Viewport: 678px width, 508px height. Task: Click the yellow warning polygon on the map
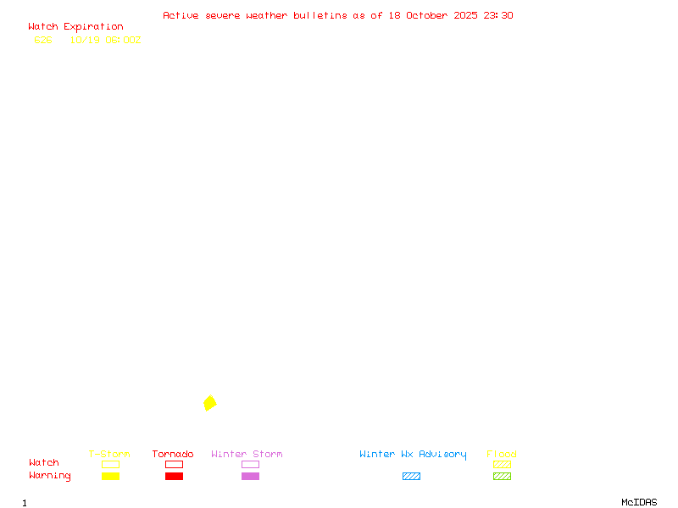pyautogui.click(x=209, y=403)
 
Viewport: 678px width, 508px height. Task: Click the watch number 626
pyautogui.click(x=43, y=40)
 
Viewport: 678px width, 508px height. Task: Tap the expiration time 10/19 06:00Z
pyautogui.click(x=105, y=40)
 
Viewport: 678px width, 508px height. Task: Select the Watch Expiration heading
pyautogui.click(x=75, y=27)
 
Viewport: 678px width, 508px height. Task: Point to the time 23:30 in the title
pyautogui.click(x=498, y=15)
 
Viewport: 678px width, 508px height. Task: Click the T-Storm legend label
pyautogui.click(x=109, y=455)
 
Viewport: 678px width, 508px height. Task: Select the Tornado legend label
pyautogui.click(x=173, y=455)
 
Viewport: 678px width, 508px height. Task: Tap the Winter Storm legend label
pyautogui.click(x=247, y=455)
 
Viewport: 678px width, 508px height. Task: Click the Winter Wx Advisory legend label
pyautogui.click(x=413, y=455)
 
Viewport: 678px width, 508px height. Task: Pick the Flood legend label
pyautogui.click(x=502, y=455)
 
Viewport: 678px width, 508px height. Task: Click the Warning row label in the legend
pyautogui.click(x=50, y=476)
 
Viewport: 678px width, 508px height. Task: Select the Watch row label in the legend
pyautogui.click(x=44, y=463)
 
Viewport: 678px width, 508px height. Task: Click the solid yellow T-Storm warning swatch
pyautogui.click(x=110, y=477)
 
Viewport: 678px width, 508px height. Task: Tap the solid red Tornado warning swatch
pyautogui.click(x=174, y=477)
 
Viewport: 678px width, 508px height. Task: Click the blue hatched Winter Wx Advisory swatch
pyautogui.click(x=411, y=477)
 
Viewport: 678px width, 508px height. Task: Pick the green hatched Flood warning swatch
pyautogui.click(x=502, y=477)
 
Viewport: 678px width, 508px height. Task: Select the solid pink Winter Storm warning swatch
pyautogui.click(x=250, y=477)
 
